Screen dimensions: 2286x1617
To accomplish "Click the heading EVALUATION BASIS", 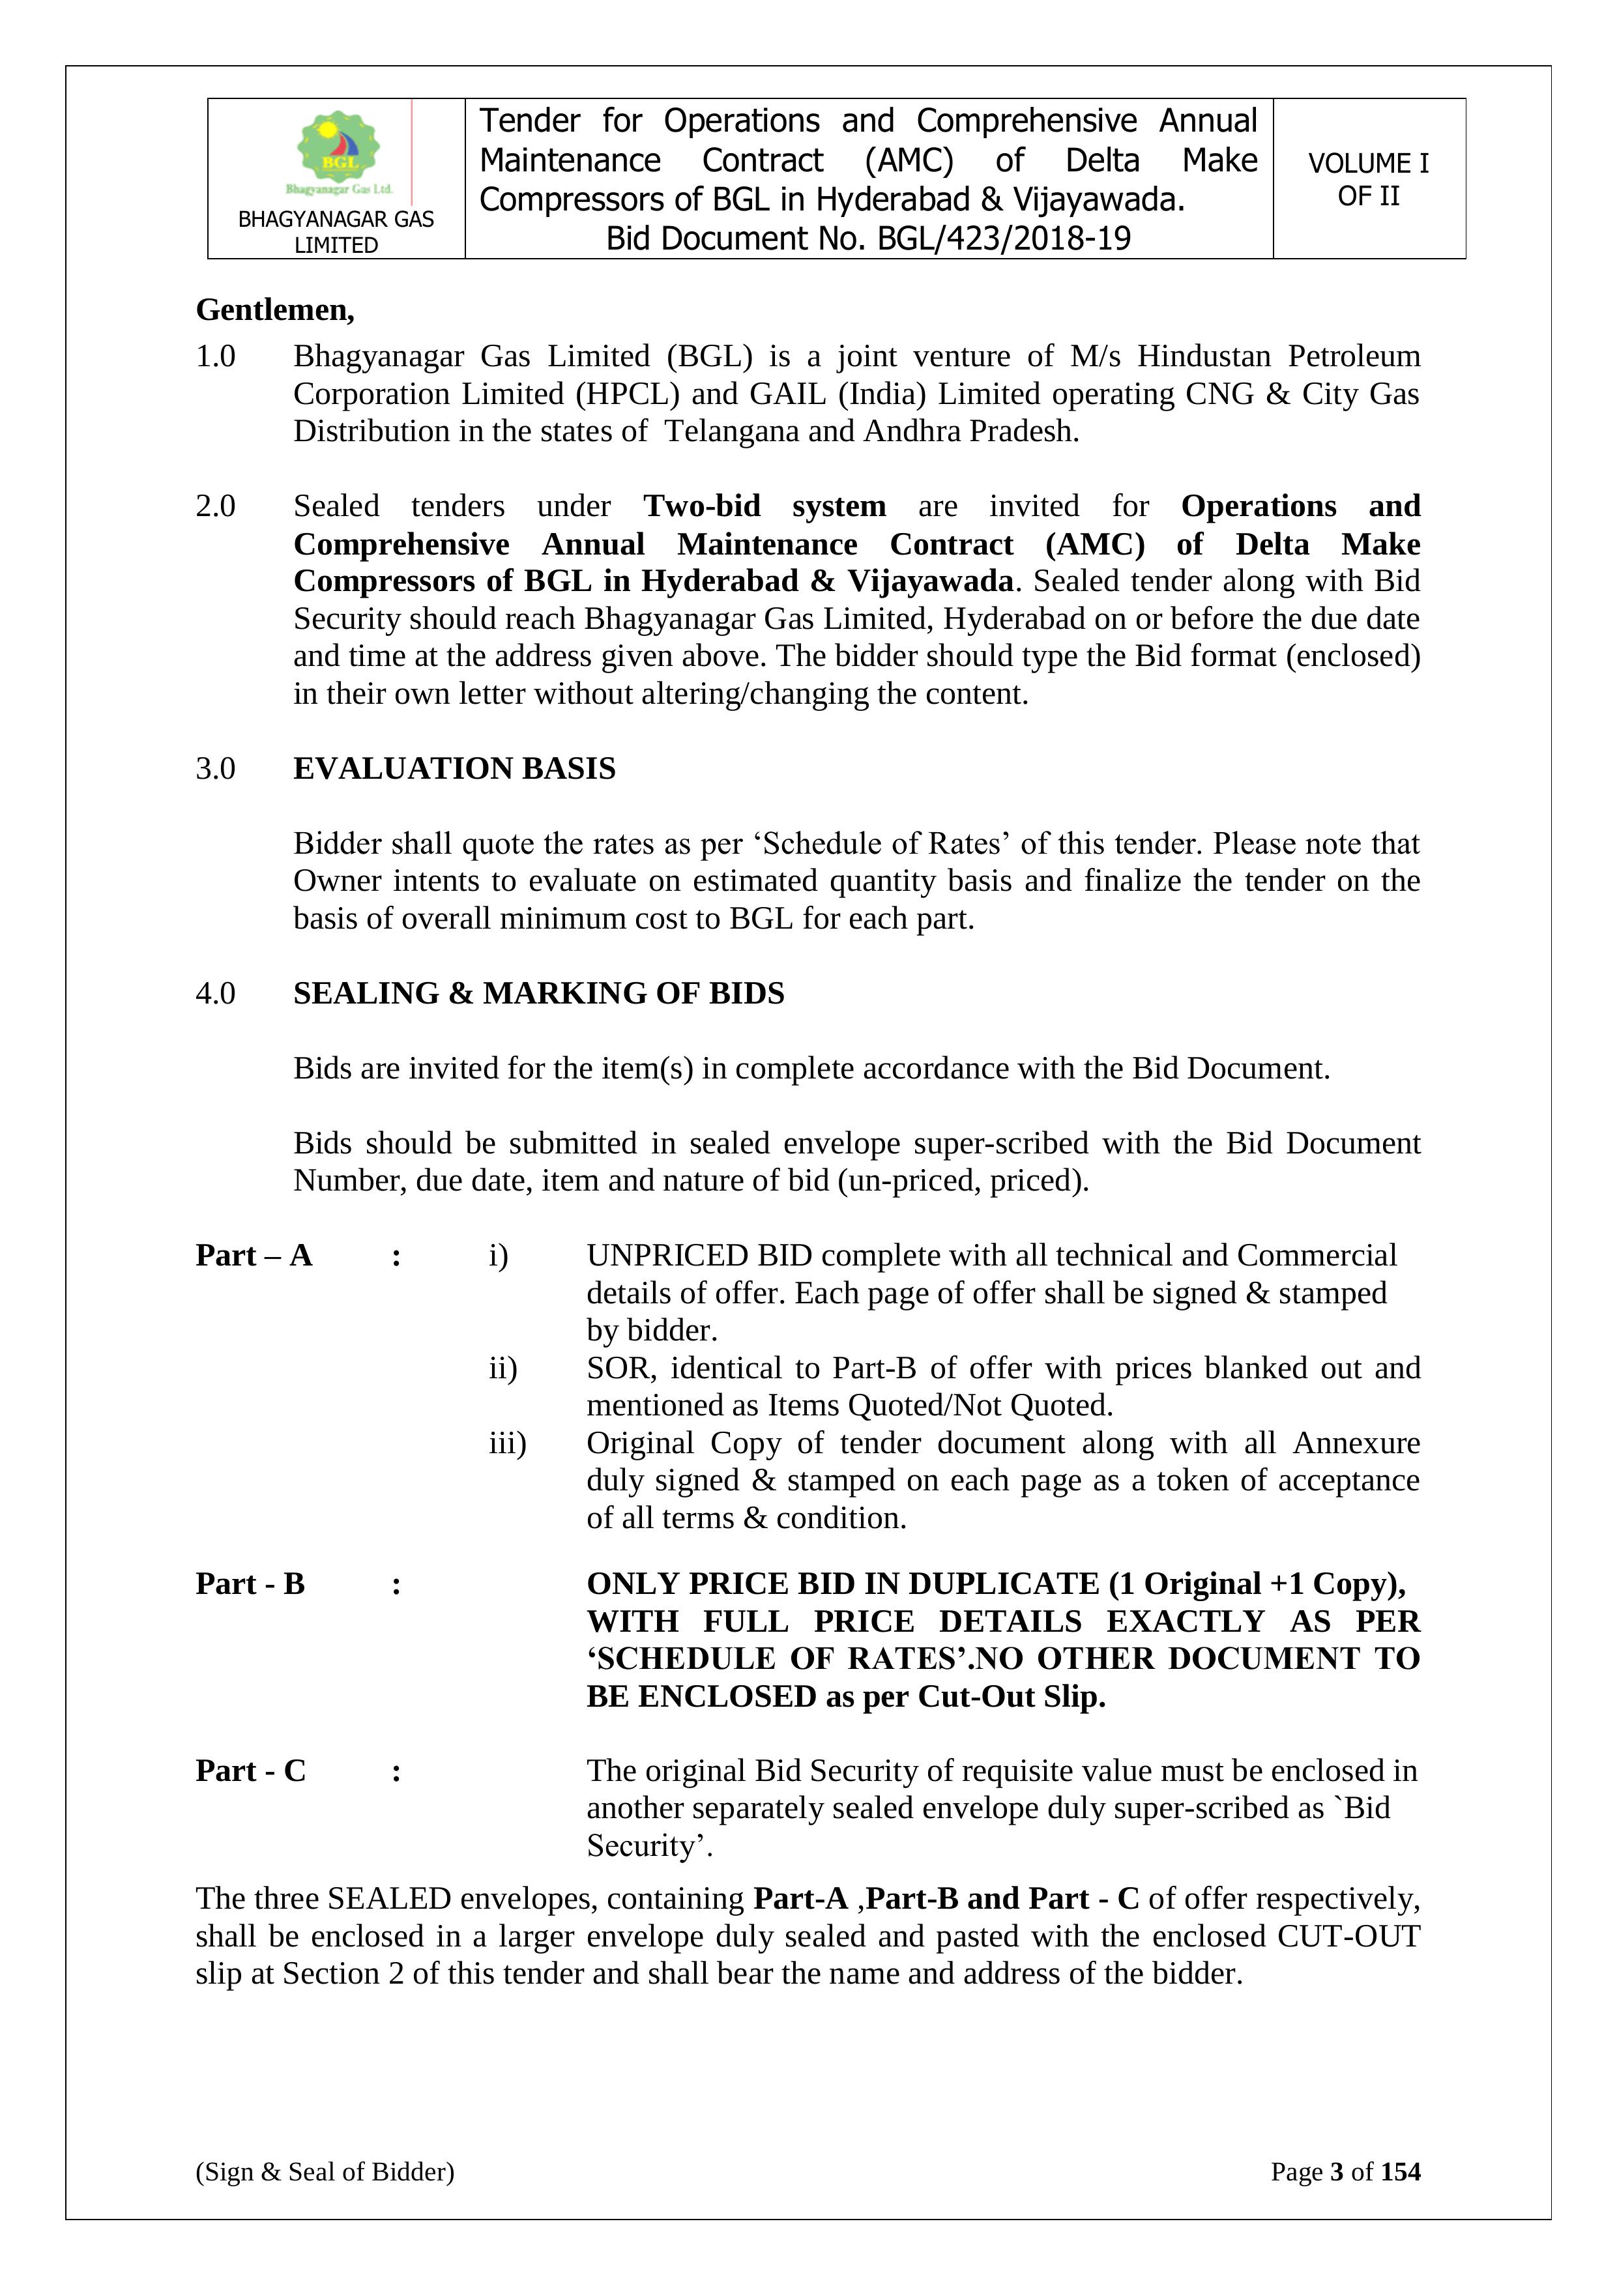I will pos(454,769).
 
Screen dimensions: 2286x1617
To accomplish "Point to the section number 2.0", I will pos(215,506).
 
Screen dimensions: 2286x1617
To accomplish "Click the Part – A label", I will pos(254,1256).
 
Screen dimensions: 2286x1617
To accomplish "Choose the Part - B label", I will pos(250,1584).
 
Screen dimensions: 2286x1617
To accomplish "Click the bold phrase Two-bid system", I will pos(764,506).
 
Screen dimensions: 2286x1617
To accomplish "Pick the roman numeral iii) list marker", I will pos(507,1443).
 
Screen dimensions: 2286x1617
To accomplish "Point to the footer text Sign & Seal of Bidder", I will pos(325,2171).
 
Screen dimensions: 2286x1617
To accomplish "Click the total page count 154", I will pos(1400,2171).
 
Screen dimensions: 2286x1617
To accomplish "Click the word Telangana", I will pos(730,431).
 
